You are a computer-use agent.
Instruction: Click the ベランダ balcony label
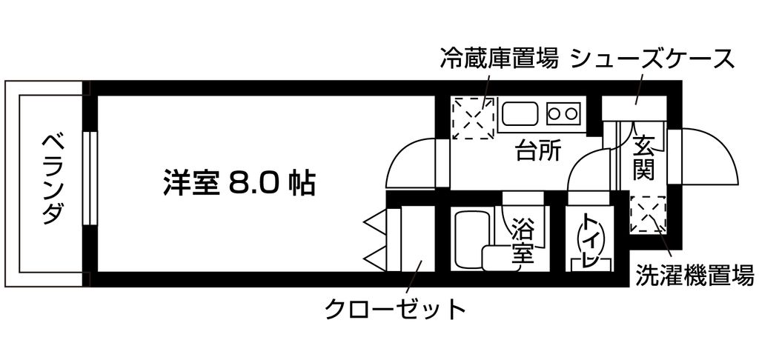(x=52, y=179)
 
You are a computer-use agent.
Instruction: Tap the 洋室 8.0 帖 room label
(x=239, y=182)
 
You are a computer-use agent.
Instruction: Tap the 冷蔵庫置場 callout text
(x=499, y=59)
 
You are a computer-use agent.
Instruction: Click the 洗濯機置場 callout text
(x=695, y=276)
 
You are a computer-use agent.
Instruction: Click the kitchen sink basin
(x=520, y=114)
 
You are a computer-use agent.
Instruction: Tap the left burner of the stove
(x=554, y=113)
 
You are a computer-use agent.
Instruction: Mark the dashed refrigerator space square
(x=473, y=118)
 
